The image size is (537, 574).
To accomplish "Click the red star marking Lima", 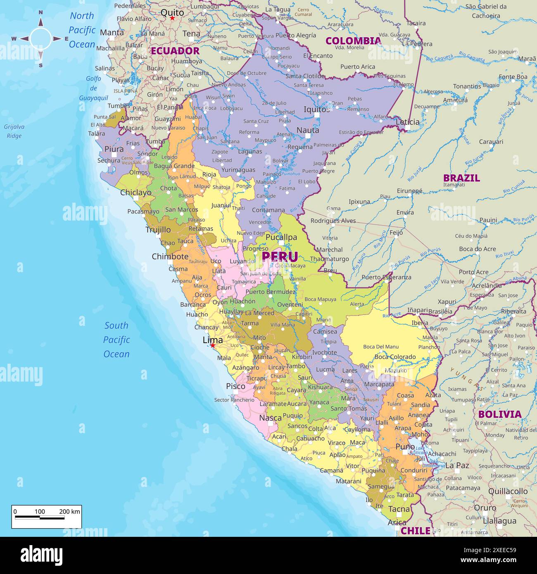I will coord(213,346).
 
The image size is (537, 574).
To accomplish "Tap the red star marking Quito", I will coord(172,18).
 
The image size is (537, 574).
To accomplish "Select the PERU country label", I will coord(280,256).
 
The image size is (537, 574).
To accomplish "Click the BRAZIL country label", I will coord(461,178).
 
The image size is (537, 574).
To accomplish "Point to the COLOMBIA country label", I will coord(353,40).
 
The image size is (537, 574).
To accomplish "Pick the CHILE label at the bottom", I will coord(416,531).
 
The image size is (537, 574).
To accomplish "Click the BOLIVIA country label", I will coord(500,414).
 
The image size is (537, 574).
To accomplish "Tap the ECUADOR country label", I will coord(175,51).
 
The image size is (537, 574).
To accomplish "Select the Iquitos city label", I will coord(316,109).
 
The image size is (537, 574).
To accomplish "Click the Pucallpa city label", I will coord(281,237).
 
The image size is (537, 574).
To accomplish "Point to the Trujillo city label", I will coord(158,230).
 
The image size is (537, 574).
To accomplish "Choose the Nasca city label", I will coord(270,418).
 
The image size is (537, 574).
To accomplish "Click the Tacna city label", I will coord(399,509).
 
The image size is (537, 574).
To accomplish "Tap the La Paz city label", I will coord(457,465).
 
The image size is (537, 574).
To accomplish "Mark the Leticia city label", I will coord(407,122).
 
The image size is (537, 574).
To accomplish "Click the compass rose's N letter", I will coord(40,12).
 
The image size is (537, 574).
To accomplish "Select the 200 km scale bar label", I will coord(70,512).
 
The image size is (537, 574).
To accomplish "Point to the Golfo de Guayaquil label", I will coord(94,88).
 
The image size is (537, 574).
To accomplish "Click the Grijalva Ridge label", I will coord(14,131).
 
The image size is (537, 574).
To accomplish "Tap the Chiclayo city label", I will coord(136,192).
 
